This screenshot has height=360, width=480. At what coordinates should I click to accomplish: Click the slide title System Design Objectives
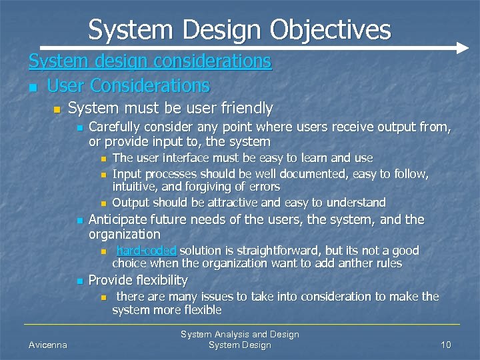(x=239, y=29)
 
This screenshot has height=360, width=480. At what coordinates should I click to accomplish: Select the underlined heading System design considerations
(x=150, y=61)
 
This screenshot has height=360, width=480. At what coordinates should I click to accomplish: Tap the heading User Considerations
(x=128, y=86)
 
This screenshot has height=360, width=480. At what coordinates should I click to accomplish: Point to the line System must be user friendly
(x=171, y=108)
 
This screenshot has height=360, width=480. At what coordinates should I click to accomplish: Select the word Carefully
(x=116, y=127)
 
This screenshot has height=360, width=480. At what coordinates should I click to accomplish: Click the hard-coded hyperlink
(x=146, y=251)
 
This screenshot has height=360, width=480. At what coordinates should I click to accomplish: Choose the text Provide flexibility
(x=138, y=280)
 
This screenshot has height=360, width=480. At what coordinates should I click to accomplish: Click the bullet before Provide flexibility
(x=79, y=281)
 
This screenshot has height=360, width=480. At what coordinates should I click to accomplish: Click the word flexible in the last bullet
(x=201, y=310)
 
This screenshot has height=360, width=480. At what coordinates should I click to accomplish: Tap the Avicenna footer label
(x=47, y=345)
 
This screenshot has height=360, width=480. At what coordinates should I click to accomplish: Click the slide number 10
(x=446, y=345)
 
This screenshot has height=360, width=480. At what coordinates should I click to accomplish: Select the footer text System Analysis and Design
(x=240, y=335)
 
